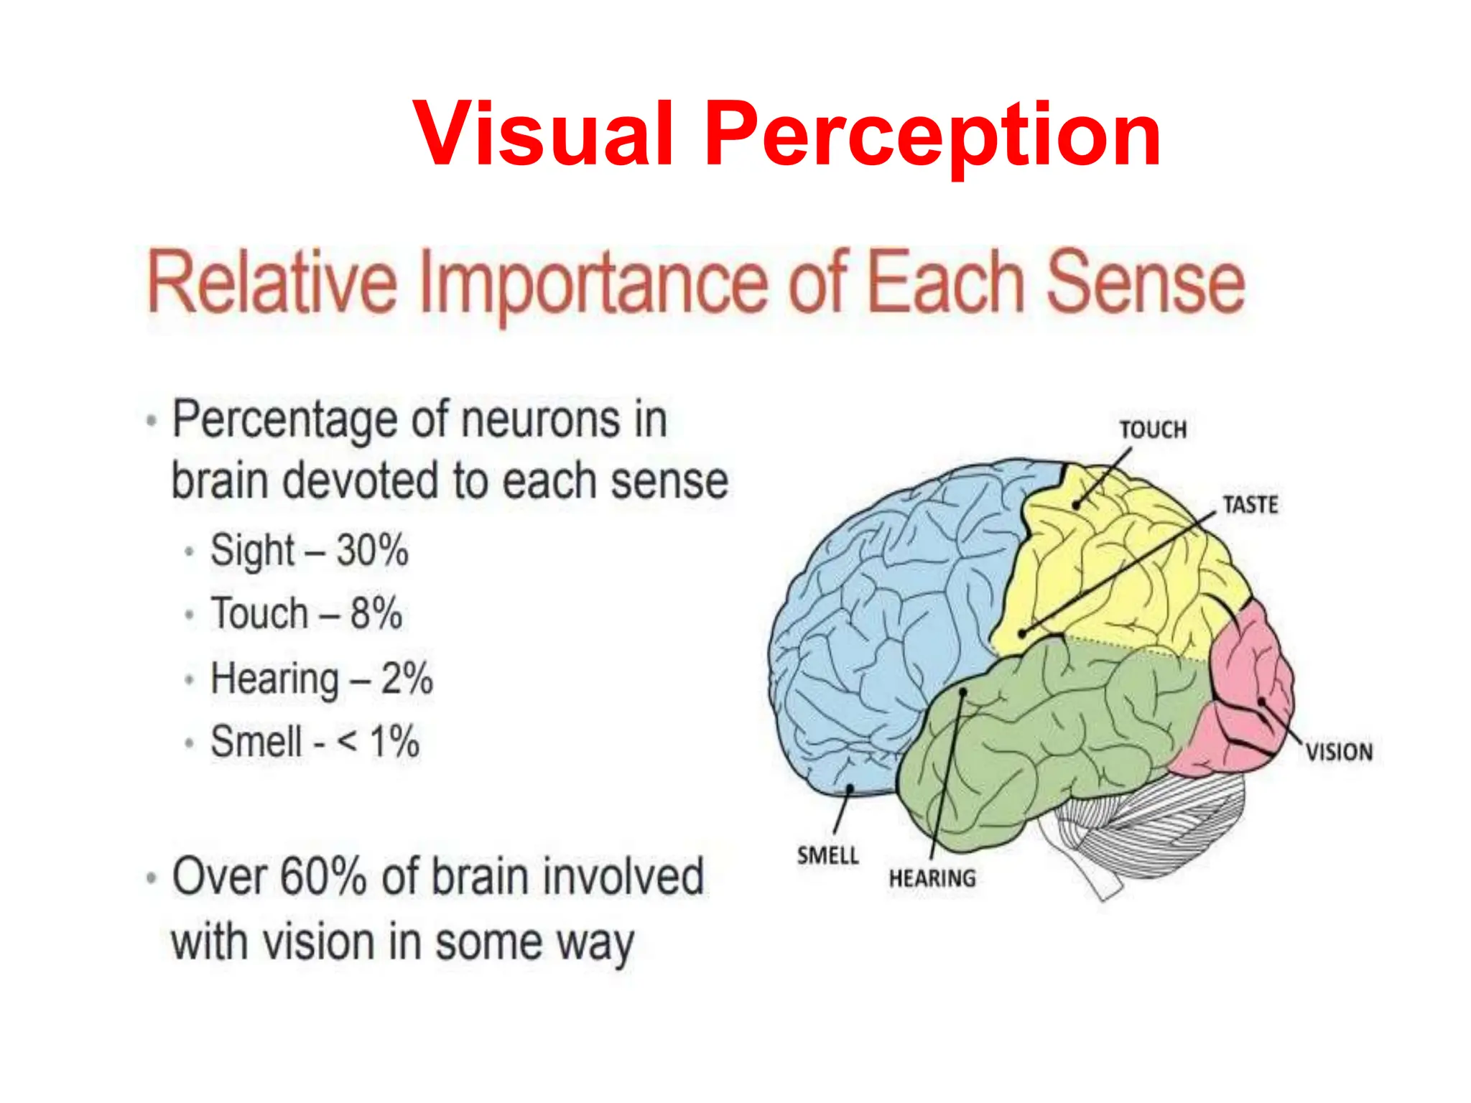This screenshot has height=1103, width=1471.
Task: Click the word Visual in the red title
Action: (544, 134)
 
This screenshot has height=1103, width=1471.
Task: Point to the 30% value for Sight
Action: (372, 551)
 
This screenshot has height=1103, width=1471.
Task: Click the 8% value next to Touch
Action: (376, 614)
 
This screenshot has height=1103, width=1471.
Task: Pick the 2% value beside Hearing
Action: (407, 679)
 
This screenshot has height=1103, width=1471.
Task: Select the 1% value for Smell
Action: (394, 741)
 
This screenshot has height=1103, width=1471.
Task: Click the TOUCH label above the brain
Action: (1153, 429)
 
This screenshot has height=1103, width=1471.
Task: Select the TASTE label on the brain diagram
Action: (1250, 505)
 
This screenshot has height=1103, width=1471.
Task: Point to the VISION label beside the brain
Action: (1339, 752)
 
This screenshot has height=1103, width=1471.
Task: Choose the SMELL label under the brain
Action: (827, 855)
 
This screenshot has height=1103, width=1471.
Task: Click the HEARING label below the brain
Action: (932, 878)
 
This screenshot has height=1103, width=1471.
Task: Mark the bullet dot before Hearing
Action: (189, 679)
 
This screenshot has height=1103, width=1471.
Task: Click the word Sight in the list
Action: (252, 551)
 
